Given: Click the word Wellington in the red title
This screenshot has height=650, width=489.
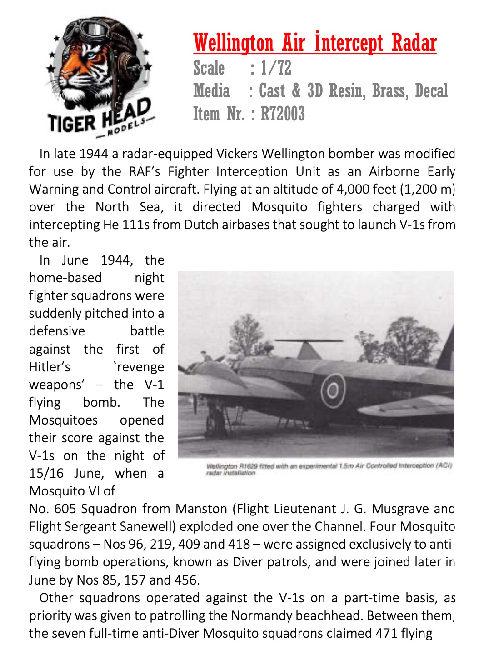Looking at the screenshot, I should [x=233, y=44].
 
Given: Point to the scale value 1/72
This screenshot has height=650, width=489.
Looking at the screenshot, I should [x=276, y=68].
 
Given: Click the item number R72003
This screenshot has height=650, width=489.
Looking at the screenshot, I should [x=282, y=114].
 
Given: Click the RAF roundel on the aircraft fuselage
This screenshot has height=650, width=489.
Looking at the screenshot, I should [x=333, y=390].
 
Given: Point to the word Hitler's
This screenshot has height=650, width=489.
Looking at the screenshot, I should [x=50, y=367].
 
